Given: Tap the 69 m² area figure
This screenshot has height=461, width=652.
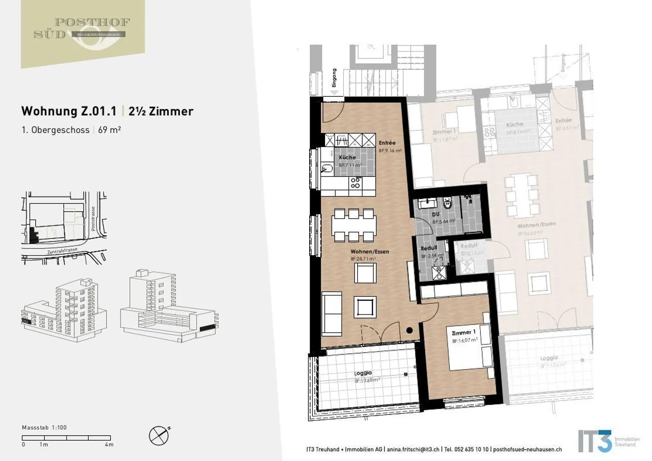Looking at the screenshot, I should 110,130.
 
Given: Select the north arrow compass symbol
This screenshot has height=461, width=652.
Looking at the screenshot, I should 159,436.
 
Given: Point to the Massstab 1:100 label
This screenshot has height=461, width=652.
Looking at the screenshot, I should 44,428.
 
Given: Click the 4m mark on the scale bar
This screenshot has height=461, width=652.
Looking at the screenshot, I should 109,445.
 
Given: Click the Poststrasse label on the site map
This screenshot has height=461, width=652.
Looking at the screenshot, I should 93,219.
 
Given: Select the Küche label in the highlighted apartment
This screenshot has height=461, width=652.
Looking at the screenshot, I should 347,157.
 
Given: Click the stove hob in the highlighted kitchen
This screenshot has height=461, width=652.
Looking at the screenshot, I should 355,183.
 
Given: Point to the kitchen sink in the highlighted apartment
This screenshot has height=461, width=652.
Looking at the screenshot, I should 326,168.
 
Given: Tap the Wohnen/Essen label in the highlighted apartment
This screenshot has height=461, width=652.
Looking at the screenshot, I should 369,252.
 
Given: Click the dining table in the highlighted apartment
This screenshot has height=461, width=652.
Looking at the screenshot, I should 354,224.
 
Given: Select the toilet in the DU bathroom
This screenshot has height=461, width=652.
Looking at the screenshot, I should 448,204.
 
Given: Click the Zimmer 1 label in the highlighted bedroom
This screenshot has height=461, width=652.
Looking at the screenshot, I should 464,333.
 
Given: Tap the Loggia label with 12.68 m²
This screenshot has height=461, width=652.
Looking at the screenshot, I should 363,373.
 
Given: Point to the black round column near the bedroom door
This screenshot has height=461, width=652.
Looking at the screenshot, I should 409,330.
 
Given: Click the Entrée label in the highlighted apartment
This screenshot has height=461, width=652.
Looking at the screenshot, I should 387,143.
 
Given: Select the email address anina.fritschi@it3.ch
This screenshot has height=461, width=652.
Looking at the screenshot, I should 413,449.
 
